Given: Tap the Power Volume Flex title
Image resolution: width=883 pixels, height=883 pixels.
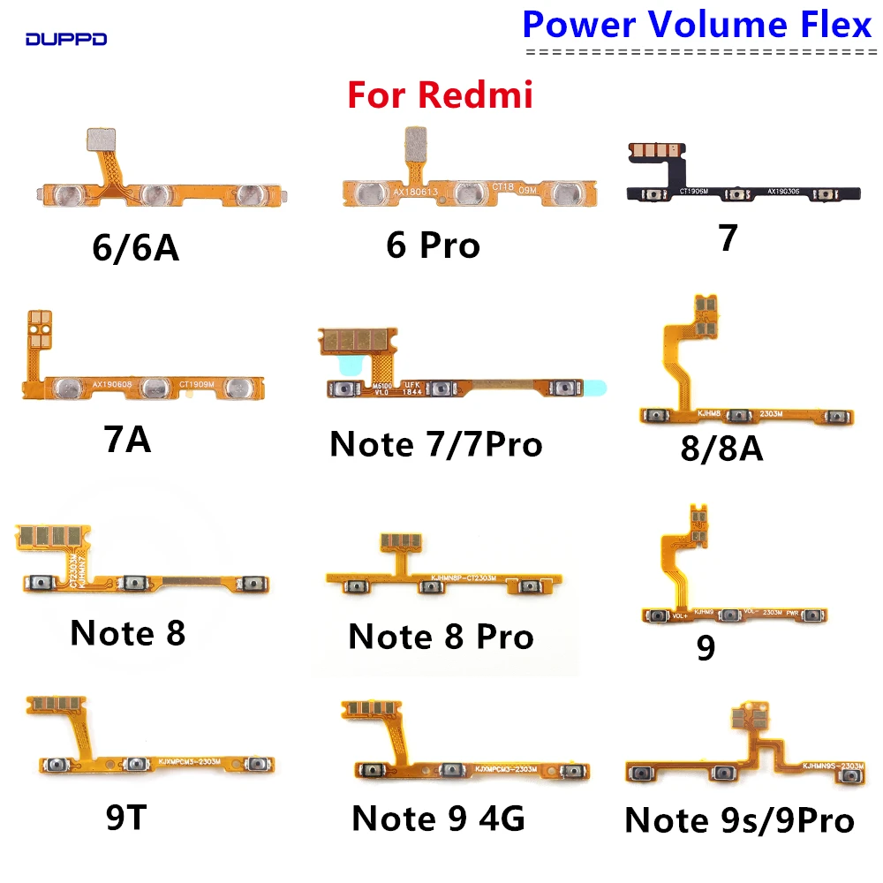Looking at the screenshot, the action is click(x=697, y=25).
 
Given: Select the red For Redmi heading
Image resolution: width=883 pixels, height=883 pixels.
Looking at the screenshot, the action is click(x=440, y=94).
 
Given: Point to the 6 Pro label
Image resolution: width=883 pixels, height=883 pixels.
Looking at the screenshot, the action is click(x=434, y=245).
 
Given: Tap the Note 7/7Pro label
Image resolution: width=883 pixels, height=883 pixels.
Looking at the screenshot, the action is click(x=435, y=444).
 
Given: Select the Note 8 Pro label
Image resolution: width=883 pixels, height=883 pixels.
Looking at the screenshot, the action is click(x=441, y=636).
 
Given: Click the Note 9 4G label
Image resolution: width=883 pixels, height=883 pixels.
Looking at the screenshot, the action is click(x=438, y=819).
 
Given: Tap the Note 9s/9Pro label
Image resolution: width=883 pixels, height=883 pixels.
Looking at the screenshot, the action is click(x=739, y=820).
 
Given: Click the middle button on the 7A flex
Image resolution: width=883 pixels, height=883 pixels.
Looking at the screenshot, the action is click(x=156, y=385).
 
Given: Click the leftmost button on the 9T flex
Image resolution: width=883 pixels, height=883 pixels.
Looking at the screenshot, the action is click(x=56, y=763).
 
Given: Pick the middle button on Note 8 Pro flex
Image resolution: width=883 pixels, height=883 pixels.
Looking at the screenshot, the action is click(x=430, y=585).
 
